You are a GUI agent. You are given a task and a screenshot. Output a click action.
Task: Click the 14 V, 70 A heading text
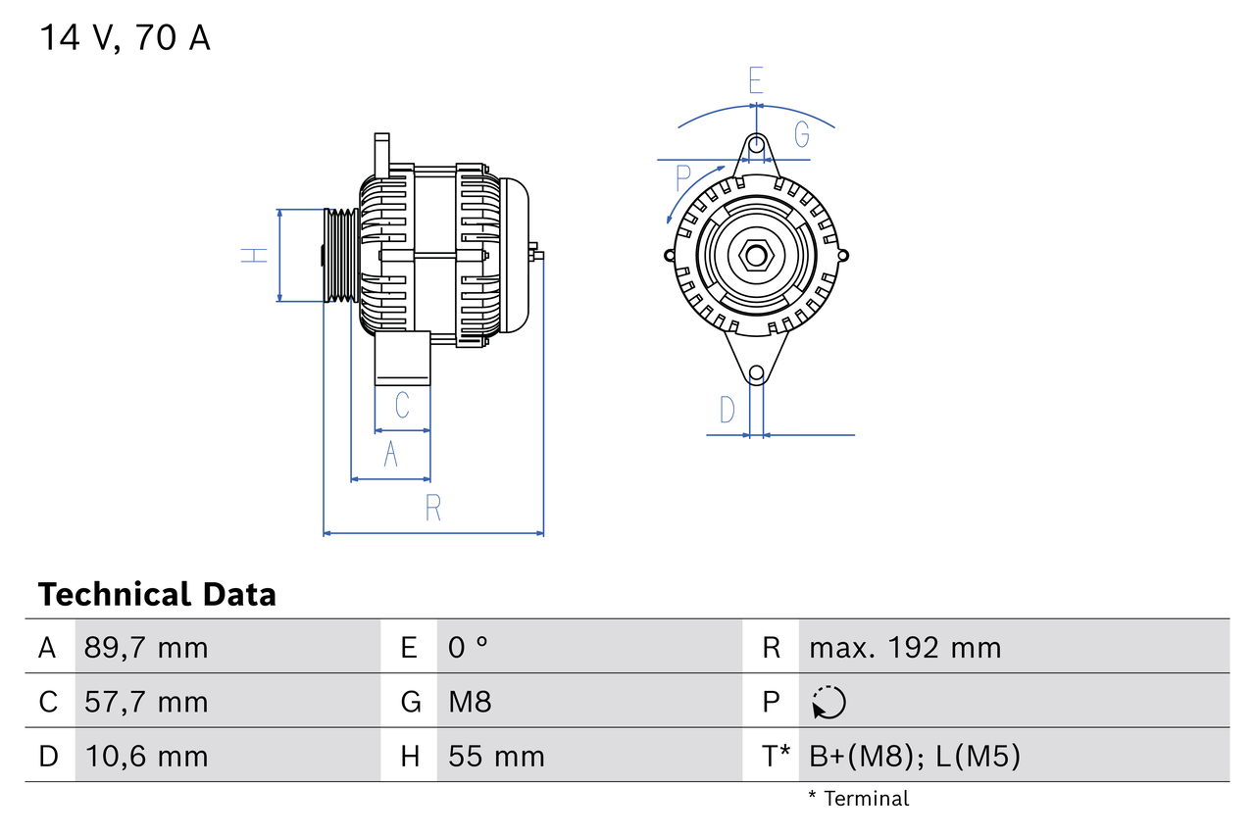click(x=125, y=38)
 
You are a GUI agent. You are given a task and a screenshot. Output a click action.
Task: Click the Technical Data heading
click(x=157, y=594)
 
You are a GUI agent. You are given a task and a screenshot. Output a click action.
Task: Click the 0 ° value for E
click(x=469, y=648)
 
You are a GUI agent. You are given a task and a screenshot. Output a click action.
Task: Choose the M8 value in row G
click(x=470, y=702)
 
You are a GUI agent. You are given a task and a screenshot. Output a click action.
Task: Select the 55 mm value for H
click(x=496, y=756)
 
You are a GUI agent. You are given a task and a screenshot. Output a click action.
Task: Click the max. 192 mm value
click(x=905, y=648)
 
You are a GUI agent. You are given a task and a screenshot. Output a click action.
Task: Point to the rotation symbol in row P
click(x=828, y=702)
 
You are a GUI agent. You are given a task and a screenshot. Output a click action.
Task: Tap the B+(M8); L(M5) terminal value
click(x=915, y=756)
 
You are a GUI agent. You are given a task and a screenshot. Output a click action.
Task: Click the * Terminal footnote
click(x=859, y=798)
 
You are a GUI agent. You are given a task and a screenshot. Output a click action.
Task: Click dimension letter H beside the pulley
click(x=254, y=255)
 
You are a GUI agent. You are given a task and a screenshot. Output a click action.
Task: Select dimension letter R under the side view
click(x=433, y=508)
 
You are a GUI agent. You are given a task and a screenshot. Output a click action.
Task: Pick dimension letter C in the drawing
click(x=402, y=405)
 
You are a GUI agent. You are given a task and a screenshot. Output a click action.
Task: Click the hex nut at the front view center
click(x=755, y=256)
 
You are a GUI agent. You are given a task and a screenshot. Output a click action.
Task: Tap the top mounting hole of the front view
click(x=756, y=145)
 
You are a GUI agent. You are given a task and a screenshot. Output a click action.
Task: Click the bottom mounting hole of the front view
click(x=756, y=373)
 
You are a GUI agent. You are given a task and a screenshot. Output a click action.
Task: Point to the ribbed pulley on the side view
click(x=340, y=255)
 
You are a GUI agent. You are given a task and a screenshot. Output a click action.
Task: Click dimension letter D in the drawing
click(x=727, y=410)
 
